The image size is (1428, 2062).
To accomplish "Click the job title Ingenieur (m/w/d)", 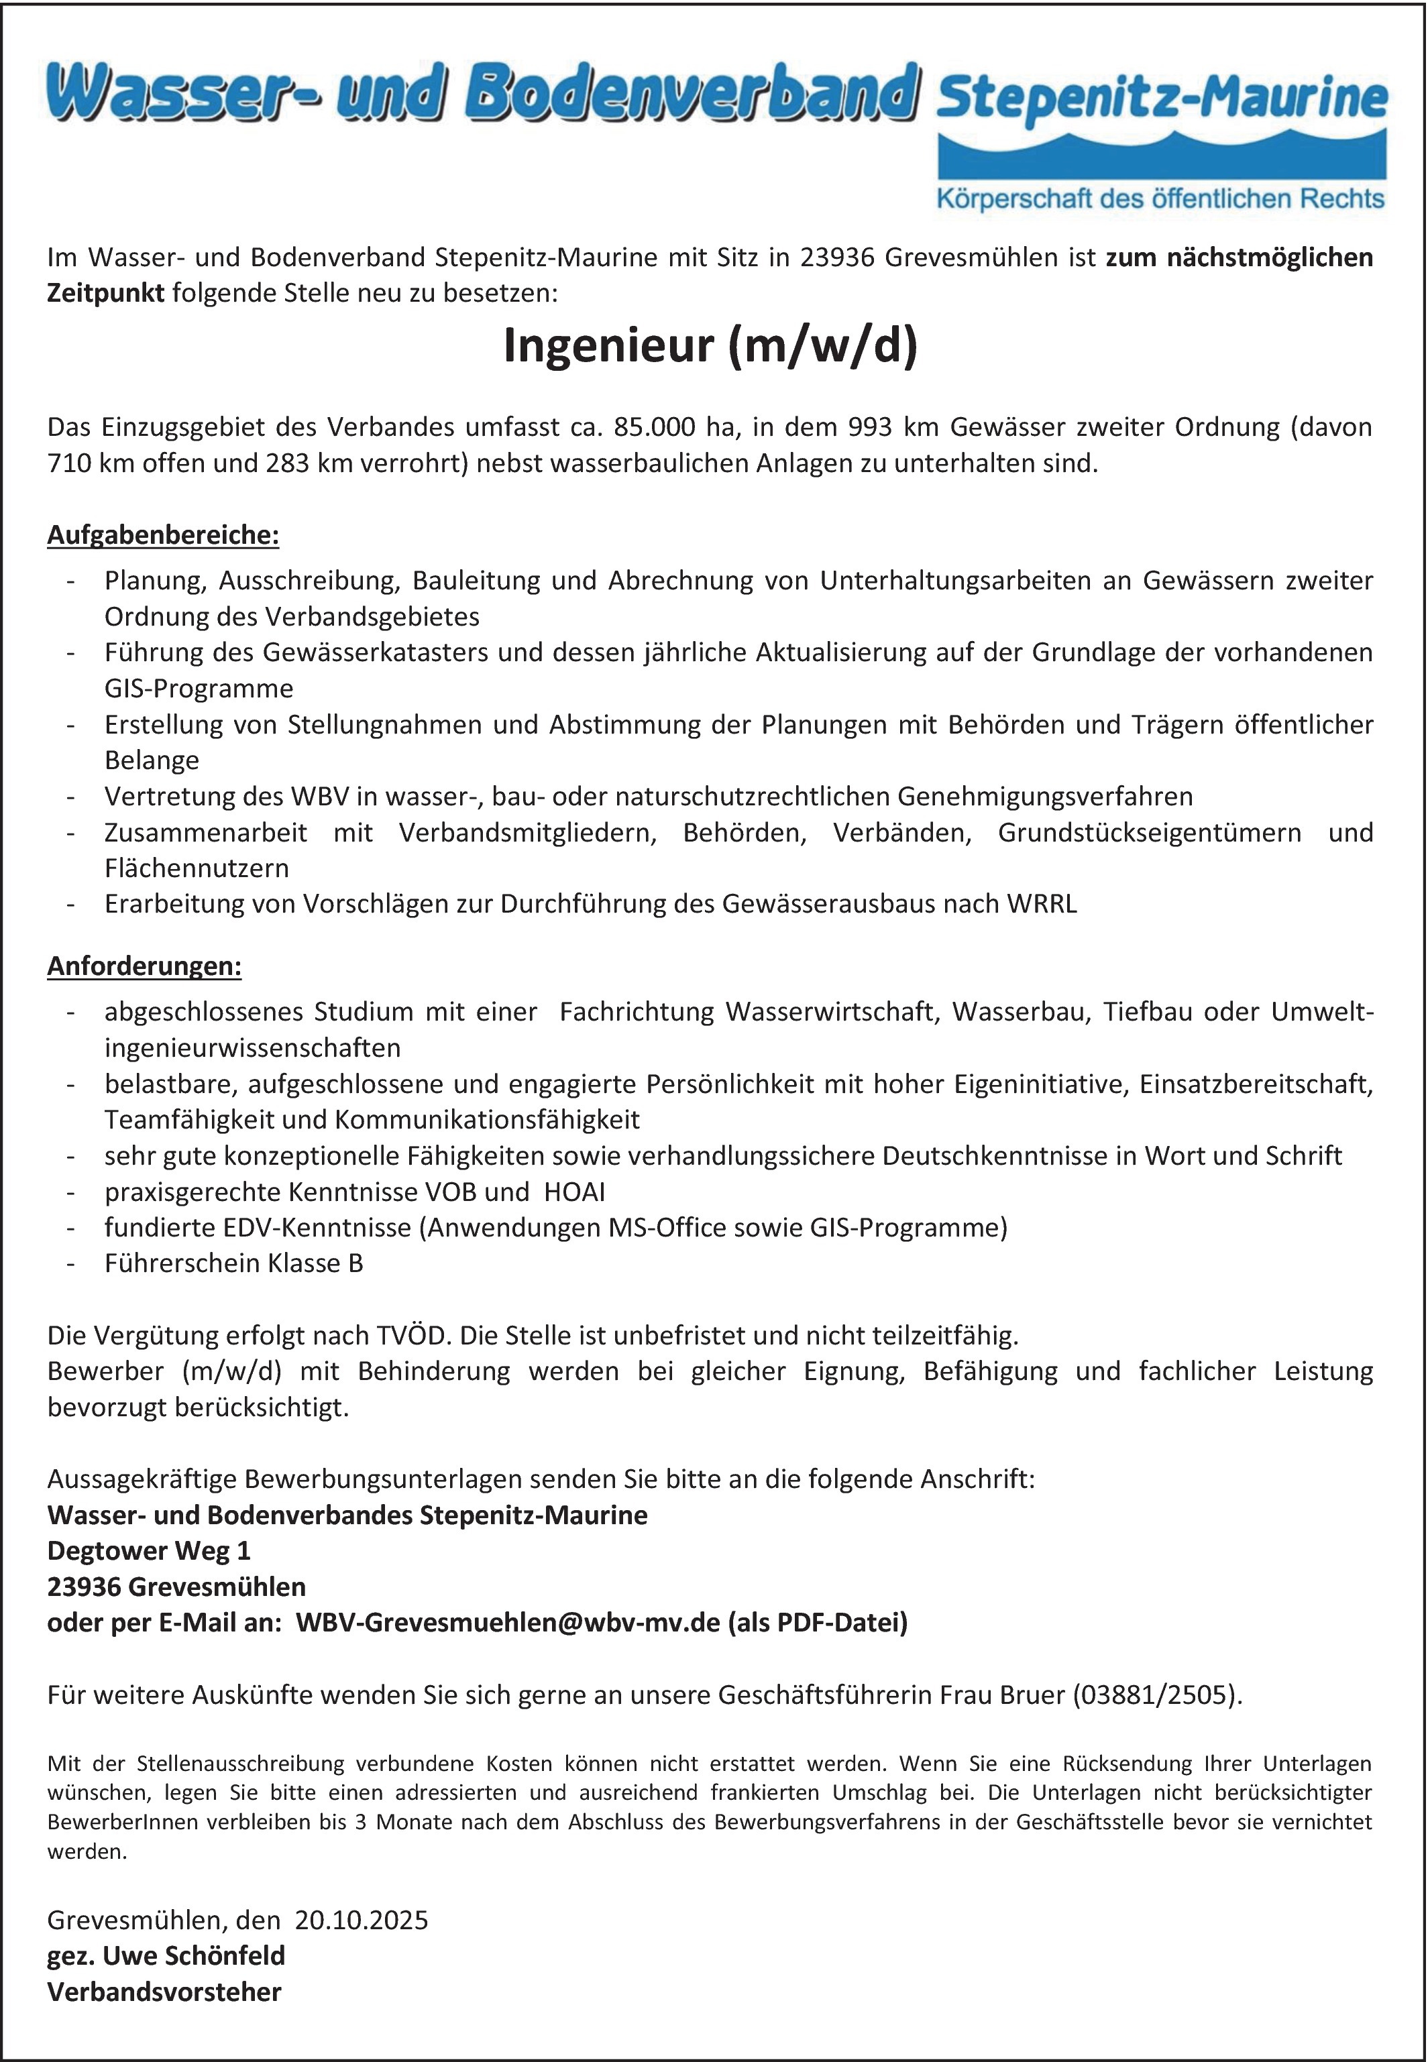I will click(x=710, y=346).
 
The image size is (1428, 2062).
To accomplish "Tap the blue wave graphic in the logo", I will click(x=1161, y=156).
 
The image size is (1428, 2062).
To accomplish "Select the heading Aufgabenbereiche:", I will click(x=163, y=535).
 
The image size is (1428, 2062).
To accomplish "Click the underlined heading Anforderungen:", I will click(x=144, y=966).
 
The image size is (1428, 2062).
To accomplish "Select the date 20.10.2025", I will click(x=362, y=1920).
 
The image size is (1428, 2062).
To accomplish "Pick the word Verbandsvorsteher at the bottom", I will click(x=164, y=1992).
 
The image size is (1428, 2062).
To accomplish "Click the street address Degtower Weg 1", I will click(x=148, y=1550).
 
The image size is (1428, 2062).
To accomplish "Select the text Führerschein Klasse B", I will click(x=233, y=1263).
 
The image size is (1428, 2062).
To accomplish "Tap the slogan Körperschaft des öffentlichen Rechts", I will click(x=1160, y=198).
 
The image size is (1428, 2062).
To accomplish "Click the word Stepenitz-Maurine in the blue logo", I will click(x=1161, y=99).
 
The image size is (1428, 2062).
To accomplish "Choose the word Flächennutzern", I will click(x=196, y=868).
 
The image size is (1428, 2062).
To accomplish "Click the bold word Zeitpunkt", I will click(x=105, y=294).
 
